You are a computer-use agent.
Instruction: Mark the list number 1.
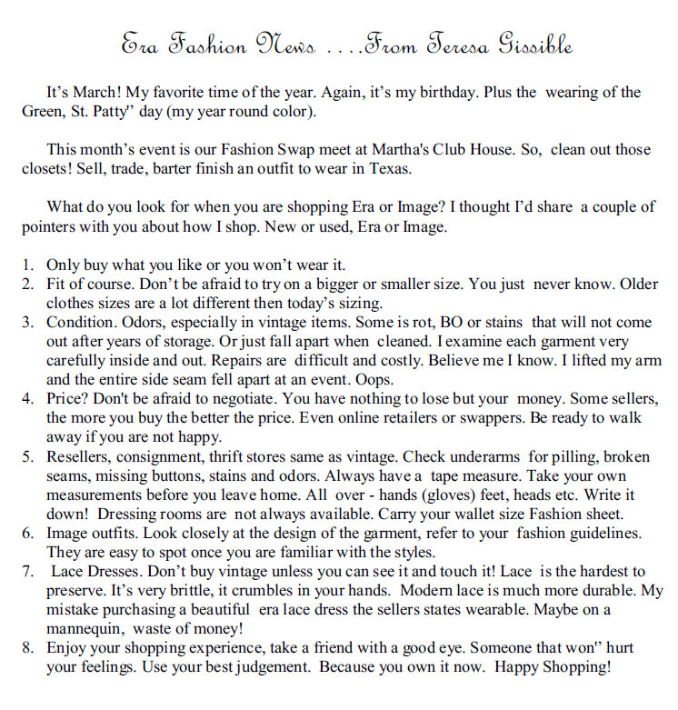(x=28, y=265)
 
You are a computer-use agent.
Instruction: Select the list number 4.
(x=28, y=398)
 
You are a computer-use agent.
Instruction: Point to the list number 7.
(x=28, y=571)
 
